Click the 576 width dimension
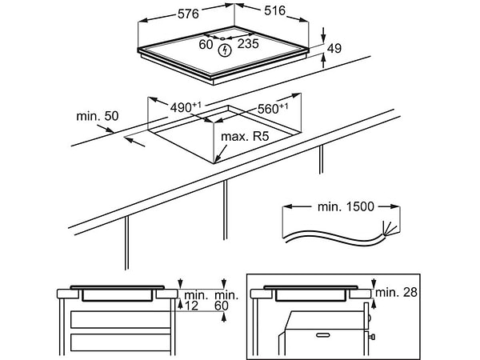[x=188, y=14]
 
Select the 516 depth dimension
[x=274, y=10]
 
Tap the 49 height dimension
[x=334, y=48]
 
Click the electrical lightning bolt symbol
[x=225, y=51]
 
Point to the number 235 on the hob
[x=248, y=44]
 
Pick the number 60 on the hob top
[x=206, y=44]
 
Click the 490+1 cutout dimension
[x=186, y=107]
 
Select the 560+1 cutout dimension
[x=273, y=108]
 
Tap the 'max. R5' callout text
[x=245, y=136]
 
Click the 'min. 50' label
[x=98, y=116]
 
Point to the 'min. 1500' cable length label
[x=346, y=206]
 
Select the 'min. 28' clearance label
[x=396, y=292]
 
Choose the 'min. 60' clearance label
[x=226, y=300]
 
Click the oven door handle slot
[x=323, y=335]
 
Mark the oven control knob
[x=372, y=337]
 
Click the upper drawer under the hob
[x=120, y=319]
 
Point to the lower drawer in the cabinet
[x=120, y=342]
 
